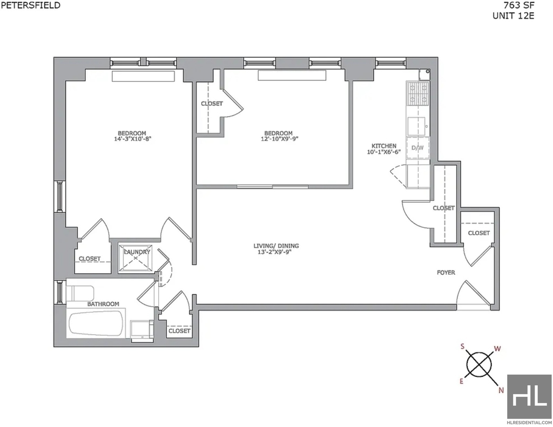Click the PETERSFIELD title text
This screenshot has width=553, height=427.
click(x=30, y=5)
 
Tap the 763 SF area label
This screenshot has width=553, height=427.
click(x=519, y=5)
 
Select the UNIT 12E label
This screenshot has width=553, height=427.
click(x=513, y=16)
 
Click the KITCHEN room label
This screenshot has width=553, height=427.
click(x=384, y=146)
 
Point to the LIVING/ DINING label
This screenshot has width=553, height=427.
click(x=276, y=246)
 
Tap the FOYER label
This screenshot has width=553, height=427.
click(x=446, y=273)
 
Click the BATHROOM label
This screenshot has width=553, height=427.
click(x=103, y=304)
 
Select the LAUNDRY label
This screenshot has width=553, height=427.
click(x=137, y=252)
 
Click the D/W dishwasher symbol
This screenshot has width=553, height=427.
click(x=417, y=148)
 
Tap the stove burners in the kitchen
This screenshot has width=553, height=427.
click(x=417, y=93)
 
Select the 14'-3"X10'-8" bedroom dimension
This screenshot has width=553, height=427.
click(x=132, y=139)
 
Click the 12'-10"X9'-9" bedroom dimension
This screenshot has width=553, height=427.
click(x=278, y=139)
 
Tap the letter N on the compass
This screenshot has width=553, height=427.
click(x=501, y=390)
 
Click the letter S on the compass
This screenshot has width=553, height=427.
click(x=462, y=347)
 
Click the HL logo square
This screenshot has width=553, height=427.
click(x=529, y=396)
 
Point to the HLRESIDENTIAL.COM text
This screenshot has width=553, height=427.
click(x=529, y=423)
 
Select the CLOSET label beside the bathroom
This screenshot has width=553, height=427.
click(x=179, y=331)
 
